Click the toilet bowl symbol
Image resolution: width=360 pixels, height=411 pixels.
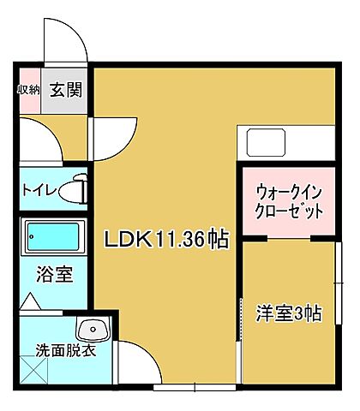[x=78, y=188]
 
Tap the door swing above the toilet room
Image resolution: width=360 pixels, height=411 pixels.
[x=38, y=137]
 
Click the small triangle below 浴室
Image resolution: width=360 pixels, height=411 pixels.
[x=29, y=301]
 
